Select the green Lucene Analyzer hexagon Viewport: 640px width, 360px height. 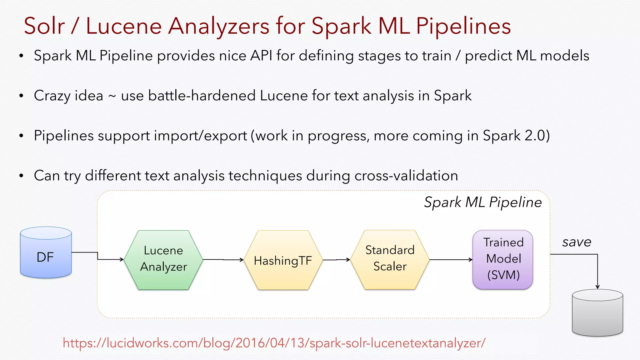pos(163,260)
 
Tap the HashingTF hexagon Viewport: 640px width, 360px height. pos(283,260)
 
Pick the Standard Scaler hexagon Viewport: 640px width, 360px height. pos(390,259)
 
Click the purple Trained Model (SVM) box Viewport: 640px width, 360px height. pos(503,259)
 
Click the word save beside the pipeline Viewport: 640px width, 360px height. pos(577,242)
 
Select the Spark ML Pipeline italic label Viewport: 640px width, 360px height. pos(482,202)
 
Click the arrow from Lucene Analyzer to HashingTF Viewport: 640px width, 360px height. pos(223,260)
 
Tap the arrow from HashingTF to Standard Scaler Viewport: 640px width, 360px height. pos(336,260)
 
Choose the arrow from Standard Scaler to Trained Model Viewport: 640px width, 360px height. pos(451,260)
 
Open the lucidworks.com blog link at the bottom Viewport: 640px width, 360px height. pos(274,343)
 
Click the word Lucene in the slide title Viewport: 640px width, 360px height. pos(124,26)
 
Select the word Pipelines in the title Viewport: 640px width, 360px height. pos(463,26)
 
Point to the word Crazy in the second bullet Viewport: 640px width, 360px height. pos(52,96)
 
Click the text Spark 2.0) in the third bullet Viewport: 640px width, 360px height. pos(516,136)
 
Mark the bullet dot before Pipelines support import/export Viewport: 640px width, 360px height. pos(21,136)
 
